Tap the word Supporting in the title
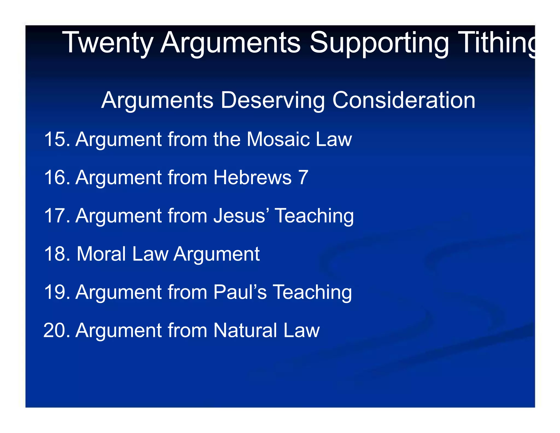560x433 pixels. tap(379, 42)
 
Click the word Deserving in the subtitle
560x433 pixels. tap(273, 100)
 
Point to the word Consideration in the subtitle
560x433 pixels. tap(404, 100)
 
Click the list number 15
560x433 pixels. tap(56, 139)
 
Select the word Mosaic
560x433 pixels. tap(278, 139)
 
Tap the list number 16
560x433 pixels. tap(56, 177)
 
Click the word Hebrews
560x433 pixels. tap(252, 177)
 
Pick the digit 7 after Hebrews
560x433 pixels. tap(303, 177)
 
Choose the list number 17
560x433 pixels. tap(56, 216)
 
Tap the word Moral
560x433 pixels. tap(101, 254)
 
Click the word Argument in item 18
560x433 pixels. tap(216, 254)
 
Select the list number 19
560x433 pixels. tap(56, 292)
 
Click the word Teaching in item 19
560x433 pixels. tap(312, 292)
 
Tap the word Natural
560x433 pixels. tap(245, 330)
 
